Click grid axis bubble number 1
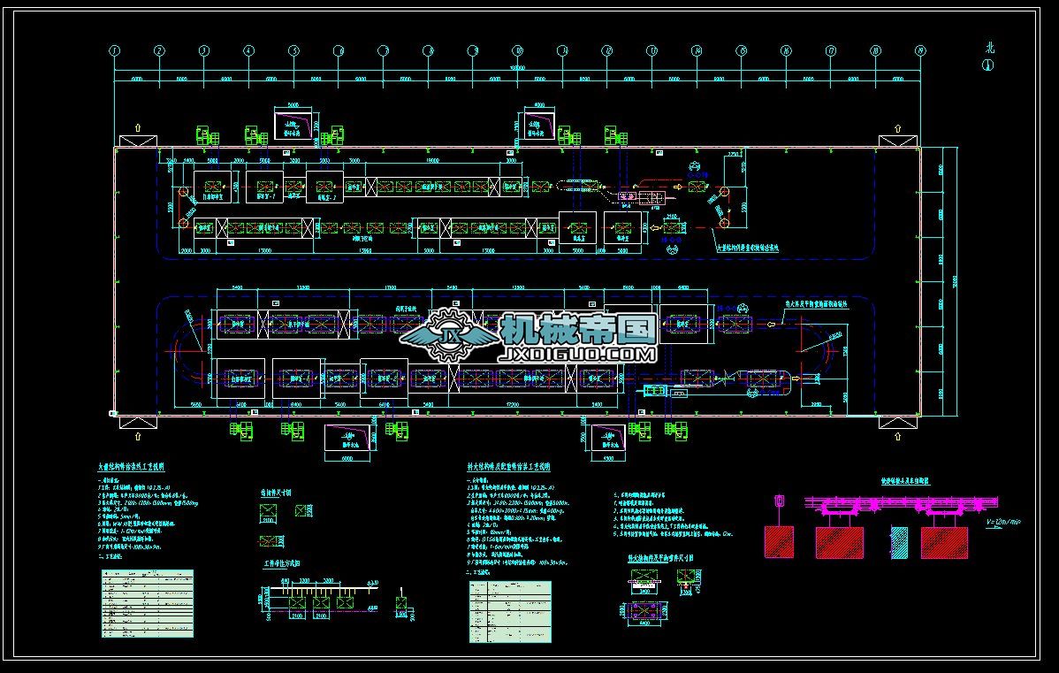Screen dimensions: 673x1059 [115, 51]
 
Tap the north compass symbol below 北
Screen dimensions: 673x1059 [987, 65]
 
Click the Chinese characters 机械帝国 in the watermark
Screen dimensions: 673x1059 [578, 329]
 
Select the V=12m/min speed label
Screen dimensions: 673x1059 [1002, 522]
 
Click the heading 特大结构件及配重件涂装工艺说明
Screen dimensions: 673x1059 [509, 466]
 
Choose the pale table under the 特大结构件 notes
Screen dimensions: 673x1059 [510, 611]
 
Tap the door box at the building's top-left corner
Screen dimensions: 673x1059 [137, 141]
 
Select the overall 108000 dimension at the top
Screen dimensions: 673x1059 [517, 66]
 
